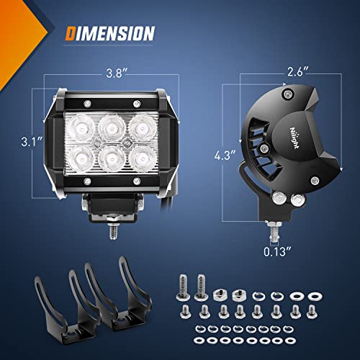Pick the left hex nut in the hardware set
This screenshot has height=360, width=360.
222,294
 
